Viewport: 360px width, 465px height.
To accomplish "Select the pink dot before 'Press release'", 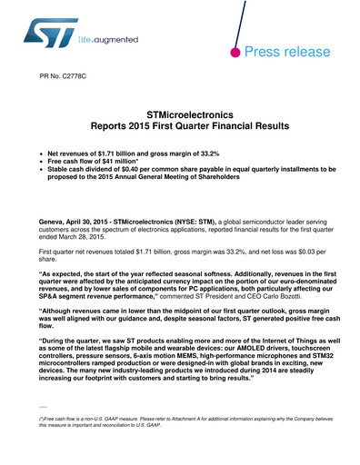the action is (235, 53).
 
